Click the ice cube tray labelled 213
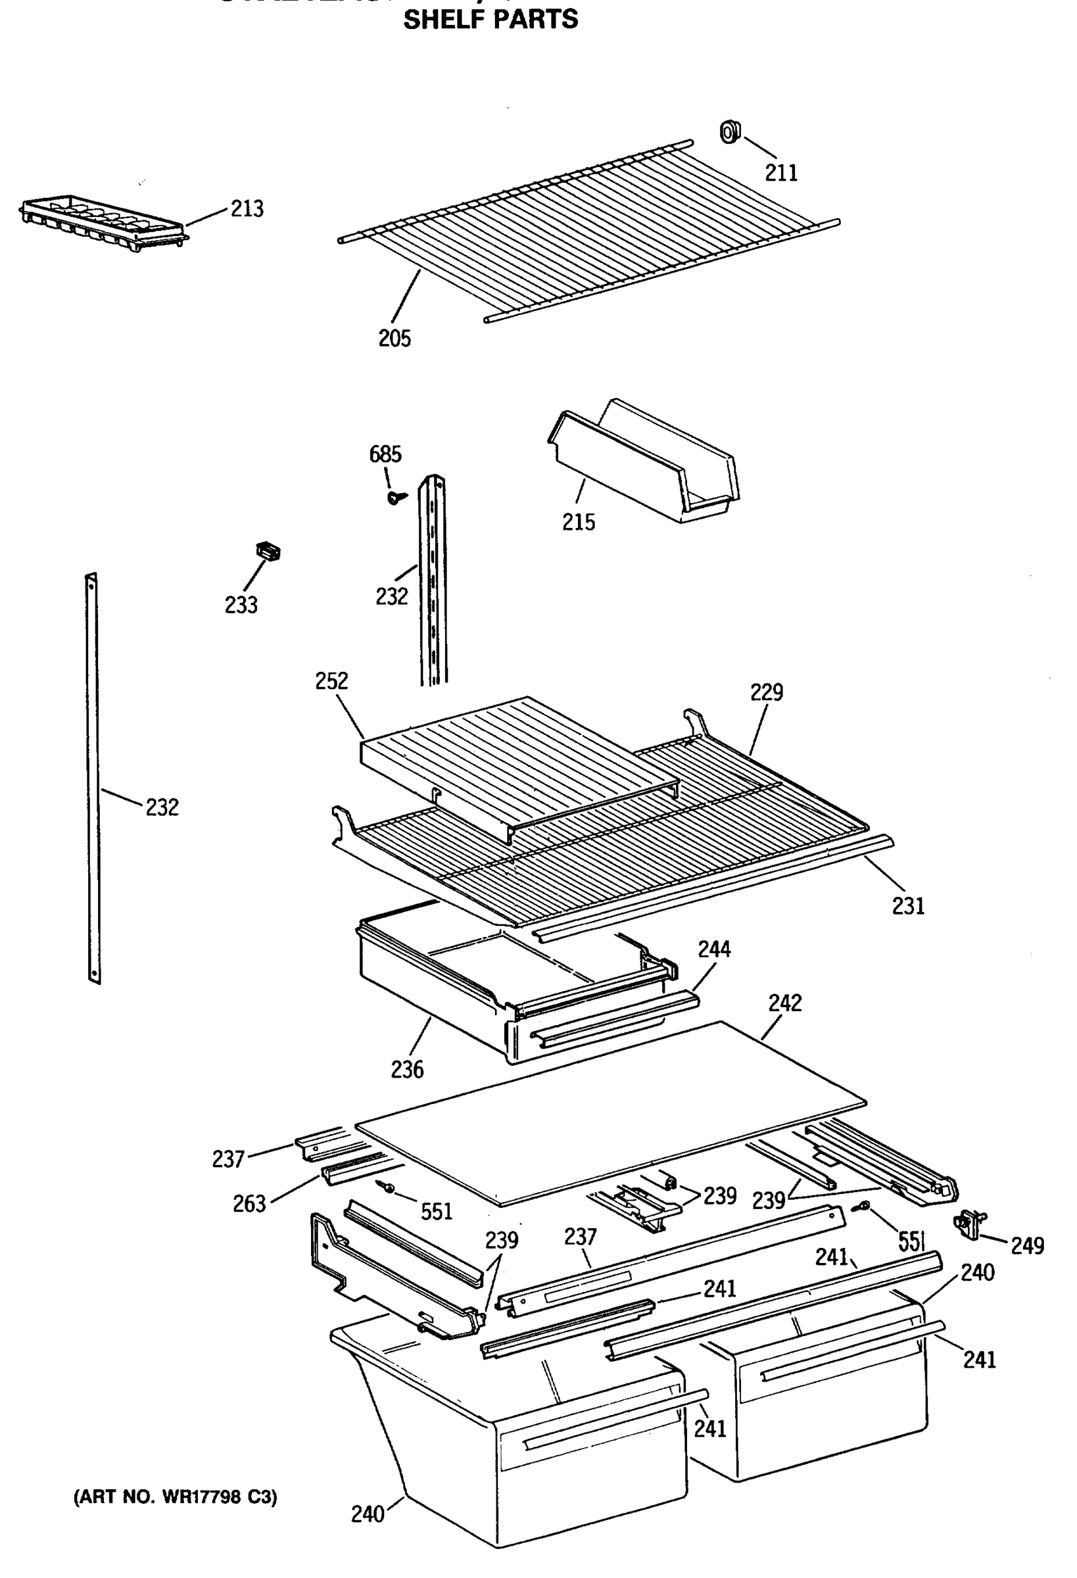click(x=102, y=224)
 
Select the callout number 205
click(x=395, y=338)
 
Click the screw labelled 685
click(x=395, y=498)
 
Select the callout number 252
click(x=331, y=681)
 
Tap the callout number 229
click(x=767, y=692)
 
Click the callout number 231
click(x=909, y=907)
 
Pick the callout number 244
click(x=714, y=949)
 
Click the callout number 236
click(x=407, y=1070)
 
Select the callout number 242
click(x=785, y=1003)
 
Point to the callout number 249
click(x=1027, y=1246)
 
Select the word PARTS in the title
click(x=537, y=20)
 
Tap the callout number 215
click(x=579, y=522)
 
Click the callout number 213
click(x=247, y=208)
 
